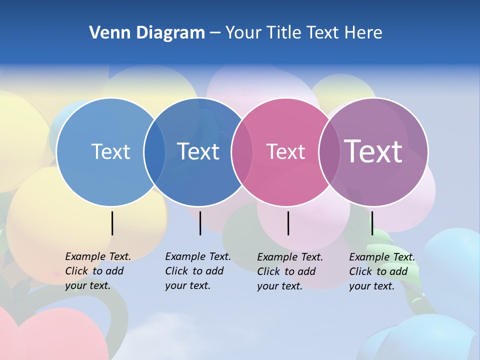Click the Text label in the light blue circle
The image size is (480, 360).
(x=110, y=151)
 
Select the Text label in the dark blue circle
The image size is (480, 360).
(x=198, y=151)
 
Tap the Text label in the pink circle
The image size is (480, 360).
(x=285, y=151)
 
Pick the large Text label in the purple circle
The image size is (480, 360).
(x=373, y=151)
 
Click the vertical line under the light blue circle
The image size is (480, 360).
(x=112, y=223)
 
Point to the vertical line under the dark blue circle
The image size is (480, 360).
(x=200, y=223)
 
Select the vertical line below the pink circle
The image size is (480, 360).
(x=288, y=223)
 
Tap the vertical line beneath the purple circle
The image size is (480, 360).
(x=372, y=223)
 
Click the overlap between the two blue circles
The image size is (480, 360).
(x=155, y=152)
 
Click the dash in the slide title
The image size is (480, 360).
(x=215, y=33)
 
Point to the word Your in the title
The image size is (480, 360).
(x=243, y=33)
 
